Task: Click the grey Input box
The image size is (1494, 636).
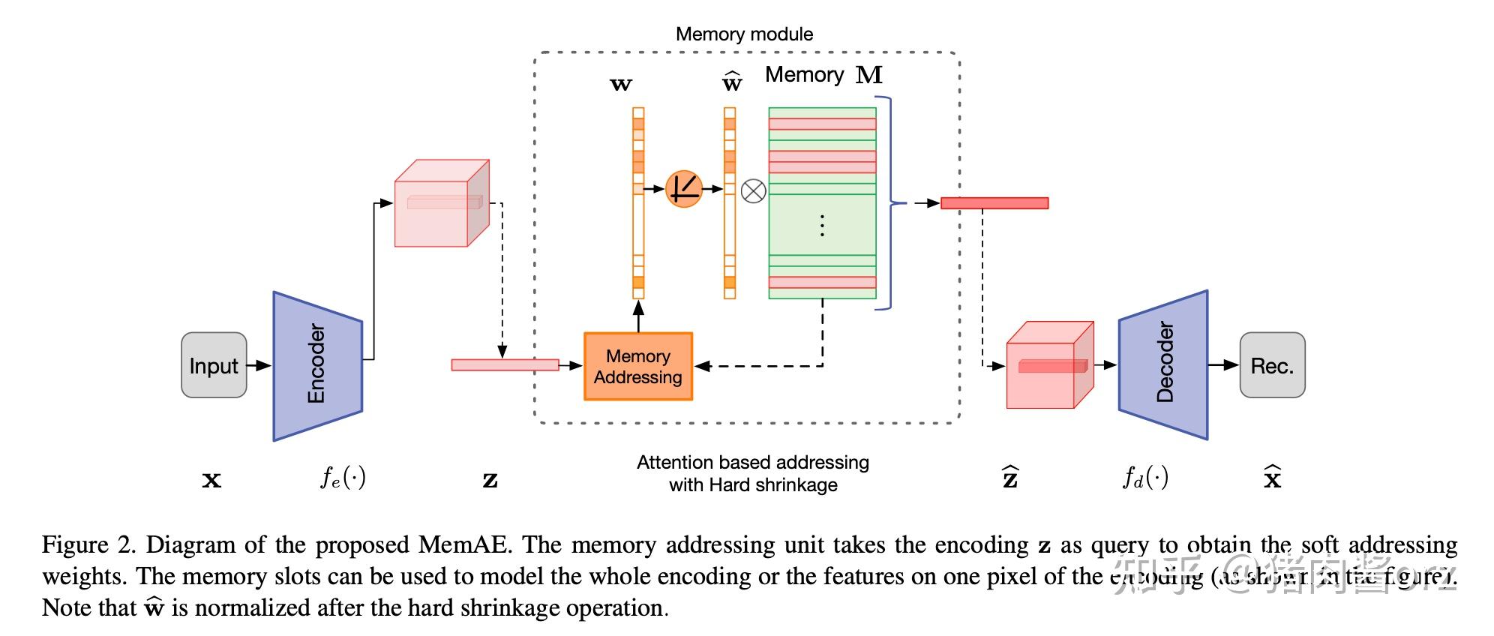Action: point(214,365)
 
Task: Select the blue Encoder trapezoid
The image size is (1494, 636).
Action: point(318,365)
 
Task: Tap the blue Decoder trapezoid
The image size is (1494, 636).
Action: point(1163,364)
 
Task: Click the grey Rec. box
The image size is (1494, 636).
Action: point(1272,365)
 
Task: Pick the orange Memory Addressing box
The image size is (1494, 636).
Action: point(637,366)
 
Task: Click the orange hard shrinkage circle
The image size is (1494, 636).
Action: point(683,188)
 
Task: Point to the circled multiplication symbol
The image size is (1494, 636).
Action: point(753,190)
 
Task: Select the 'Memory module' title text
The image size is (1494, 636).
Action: point(744,34)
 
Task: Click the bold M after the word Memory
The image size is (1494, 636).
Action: point(869,75)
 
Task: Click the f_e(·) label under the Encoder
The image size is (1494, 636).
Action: point(343,477)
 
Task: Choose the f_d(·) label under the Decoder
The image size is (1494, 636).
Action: point(1145,477)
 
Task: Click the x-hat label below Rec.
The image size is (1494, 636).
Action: point(1272,477)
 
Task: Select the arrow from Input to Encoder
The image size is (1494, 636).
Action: point(259,365)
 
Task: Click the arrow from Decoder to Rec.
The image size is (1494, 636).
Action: point(1223,365)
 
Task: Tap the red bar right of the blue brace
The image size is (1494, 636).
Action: point(994,203)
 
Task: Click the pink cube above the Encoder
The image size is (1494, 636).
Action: point(442,203)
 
